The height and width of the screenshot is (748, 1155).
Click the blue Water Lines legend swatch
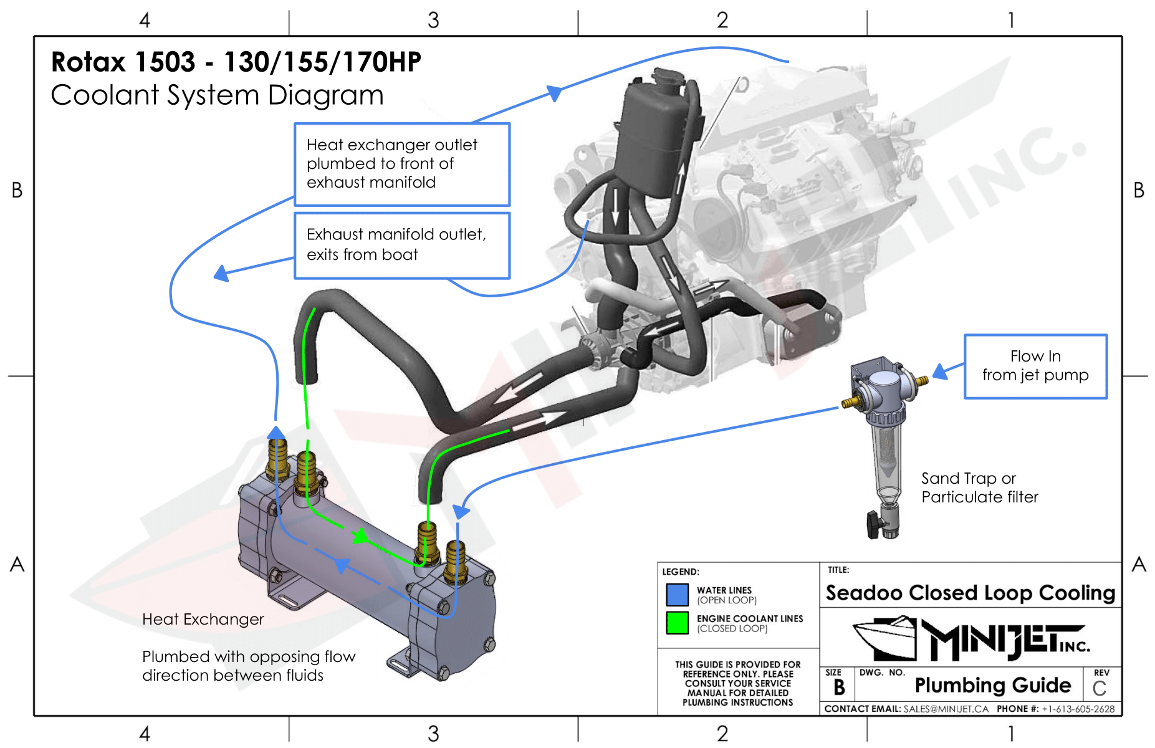[677, 595]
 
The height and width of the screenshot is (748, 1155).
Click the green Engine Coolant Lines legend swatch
[677, 623]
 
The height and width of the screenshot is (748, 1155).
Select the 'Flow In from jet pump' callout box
[1035, 366]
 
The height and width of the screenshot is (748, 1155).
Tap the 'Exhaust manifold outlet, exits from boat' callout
[401, 245]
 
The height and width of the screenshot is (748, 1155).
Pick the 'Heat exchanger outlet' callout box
[401, 164]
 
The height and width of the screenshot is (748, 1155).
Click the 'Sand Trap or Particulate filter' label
[979, 487]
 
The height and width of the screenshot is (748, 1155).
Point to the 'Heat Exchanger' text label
[203, 619]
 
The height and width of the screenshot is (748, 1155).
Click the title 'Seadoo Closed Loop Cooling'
[970, 593]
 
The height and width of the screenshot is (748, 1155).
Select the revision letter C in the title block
[1100, 689]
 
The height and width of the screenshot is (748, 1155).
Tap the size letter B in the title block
[839, 688]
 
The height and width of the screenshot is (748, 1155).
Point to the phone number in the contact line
[1078, 709]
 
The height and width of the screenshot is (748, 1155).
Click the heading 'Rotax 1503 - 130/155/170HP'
[236, 62]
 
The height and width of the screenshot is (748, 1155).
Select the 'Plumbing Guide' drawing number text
[992, 685]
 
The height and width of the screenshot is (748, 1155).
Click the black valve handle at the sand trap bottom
[872, 521]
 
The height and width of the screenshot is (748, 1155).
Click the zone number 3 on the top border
[433, 20]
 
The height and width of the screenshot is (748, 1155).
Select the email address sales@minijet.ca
[946, 709]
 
